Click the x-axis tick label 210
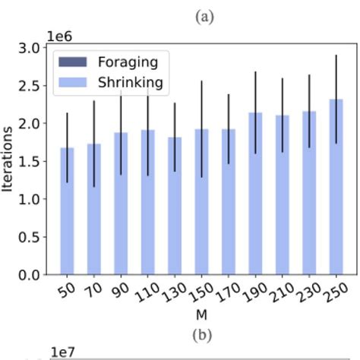pos(279,293)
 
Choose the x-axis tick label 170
pos(226,293)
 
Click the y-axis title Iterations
pos(8,160)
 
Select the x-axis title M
pos(201,314)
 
